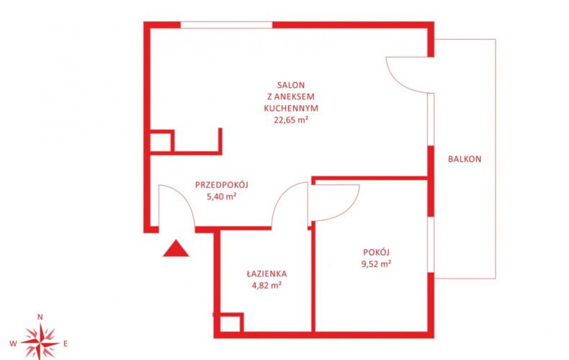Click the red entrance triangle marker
tap(176, 248)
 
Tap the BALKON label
tap(465, 159)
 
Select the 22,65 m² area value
tap(291, 120)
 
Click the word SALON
tap(291, 85)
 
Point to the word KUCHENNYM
tap(291, 108)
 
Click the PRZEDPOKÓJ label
tap(222, 185)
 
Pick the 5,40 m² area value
tap(222, 197)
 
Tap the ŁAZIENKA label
tap(266, 274)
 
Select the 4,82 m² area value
tap(266, 285)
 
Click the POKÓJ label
tap(376, 252)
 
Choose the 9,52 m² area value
tap(376, 264)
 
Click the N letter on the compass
tap(40, 317)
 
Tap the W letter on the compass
tap(13, 343)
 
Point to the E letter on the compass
tap(66, 343)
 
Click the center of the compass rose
tap(40, 343)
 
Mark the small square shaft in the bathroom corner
tap(230, 323)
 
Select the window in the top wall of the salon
tap(226, 25)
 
